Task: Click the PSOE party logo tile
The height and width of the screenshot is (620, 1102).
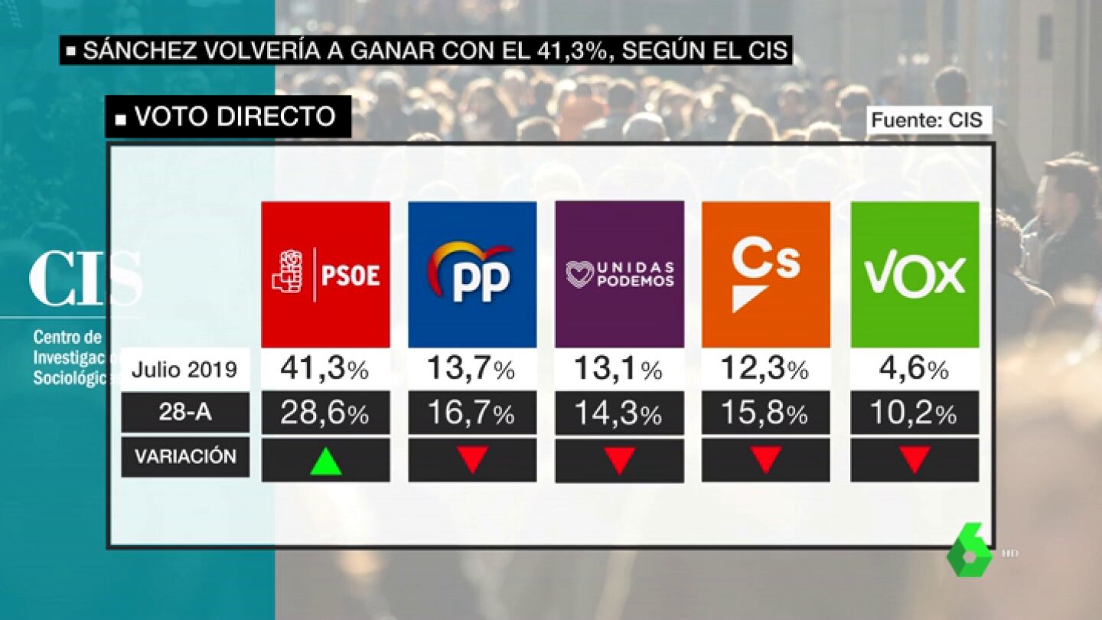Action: click(x=325, y=274)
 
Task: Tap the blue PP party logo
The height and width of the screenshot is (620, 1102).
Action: click(x=471, y=274)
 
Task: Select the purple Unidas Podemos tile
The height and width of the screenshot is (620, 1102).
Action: click(x=619, y=274)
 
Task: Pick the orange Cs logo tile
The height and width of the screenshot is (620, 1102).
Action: click(x=765, y=274)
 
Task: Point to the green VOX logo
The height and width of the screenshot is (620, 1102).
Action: click(x=915, y=274)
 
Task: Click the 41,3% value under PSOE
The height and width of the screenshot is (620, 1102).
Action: click(x=325, y=370)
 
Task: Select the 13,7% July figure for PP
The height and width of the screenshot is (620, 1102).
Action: click(x=471, y=370)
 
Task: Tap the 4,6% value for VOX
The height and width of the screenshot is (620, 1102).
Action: click(x=915, y=370)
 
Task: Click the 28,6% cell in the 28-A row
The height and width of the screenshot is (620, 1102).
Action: click(x=325, y=413)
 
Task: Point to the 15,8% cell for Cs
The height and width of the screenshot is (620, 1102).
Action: click(x=765, y=413)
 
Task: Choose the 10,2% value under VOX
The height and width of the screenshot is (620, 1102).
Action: click(x=915, y=413)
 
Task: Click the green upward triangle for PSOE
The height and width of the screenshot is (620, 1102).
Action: click(x=325, y=461)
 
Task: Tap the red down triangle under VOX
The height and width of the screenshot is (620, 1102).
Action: click(x=915, y=459)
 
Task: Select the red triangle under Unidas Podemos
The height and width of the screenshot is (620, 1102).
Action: click(x=619, y=459)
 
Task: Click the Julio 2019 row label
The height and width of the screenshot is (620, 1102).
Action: click(x=184, y=370)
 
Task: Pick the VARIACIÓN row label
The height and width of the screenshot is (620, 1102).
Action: click(x=185, y=457)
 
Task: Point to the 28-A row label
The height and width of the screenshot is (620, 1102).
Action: click(x=184, y=413)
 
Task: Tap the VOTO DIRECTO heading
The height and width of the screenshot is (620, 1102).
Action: click(x=228, y=116)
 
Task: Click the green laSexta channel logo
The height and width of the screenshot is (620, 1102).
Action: click(x=970, y=551)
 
